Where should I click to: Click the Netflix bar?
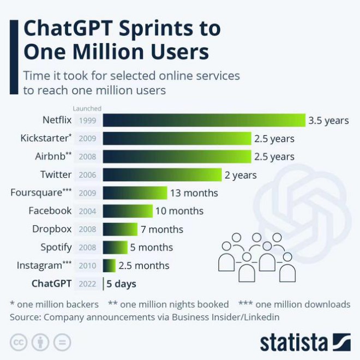[204, 121]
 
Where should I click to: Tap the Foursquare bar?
[135, 193]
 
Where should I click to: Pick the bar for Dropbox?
[120, 229]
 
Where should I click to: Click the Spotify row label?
[56, 247]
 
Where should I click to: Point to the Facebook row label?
[50, 211]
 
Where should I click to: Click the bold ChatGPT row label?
[51, 284]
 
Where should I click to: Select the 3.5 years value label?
[328, 121]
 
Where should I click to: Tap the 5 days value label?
[121, 284]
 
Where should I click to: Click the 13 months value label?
[194, 193]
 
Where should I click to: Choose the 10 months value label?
[179, 211]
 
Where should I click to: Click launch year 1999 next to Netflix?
[87, 121]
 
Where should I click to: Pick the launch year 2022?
[87, 284]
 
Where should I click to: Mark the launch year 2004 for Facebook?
[87, 211]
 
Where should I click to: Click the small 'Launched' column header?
[87, 109]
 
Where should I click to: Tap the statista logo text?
[295, 343]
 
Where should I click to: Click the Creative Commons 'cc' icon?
[19, 343]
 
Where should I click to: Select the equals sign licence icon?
[62, 343]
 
